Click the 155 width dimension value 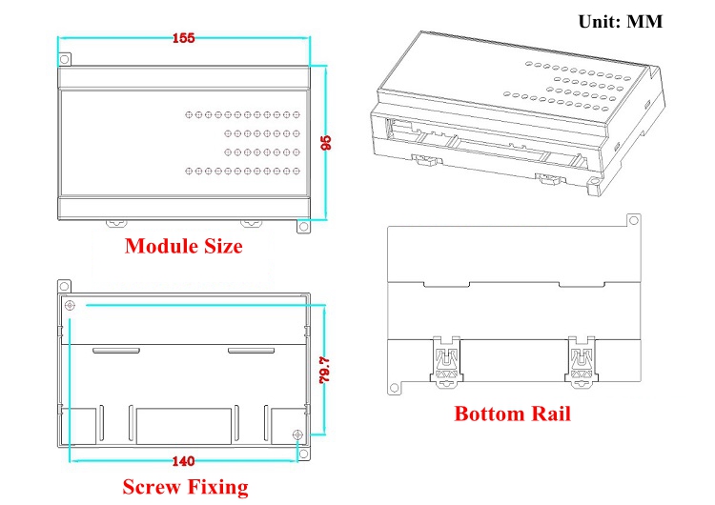coord(184,38)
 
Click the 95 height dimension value coord(326,143)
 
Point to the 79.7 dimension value coord(324,370)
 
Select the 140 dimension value coord(184,461)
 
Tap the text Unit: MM coord(621,21)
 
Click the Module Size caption coord(184,246)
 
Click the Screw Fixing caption coord(186,487)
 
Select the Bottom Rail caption coord(513,414)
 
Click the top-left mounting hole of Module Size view coord(64,59)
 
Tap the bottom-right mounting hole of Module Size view coord(303,226)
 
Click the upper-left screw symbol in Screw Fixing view coord(70,305)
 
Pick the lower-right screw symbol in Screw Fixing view coord(297,434)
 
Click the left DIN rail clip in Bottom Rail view coord(446,362)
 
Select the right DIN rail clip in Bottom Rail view coord(582,362)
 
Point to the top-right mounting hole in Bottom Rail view coord(633,221)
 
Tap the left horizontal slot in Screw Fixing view coord(116,351)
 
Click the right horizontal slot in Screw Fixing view coord(252,351)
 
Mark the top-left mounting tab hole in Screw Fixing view coord(64,287)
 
